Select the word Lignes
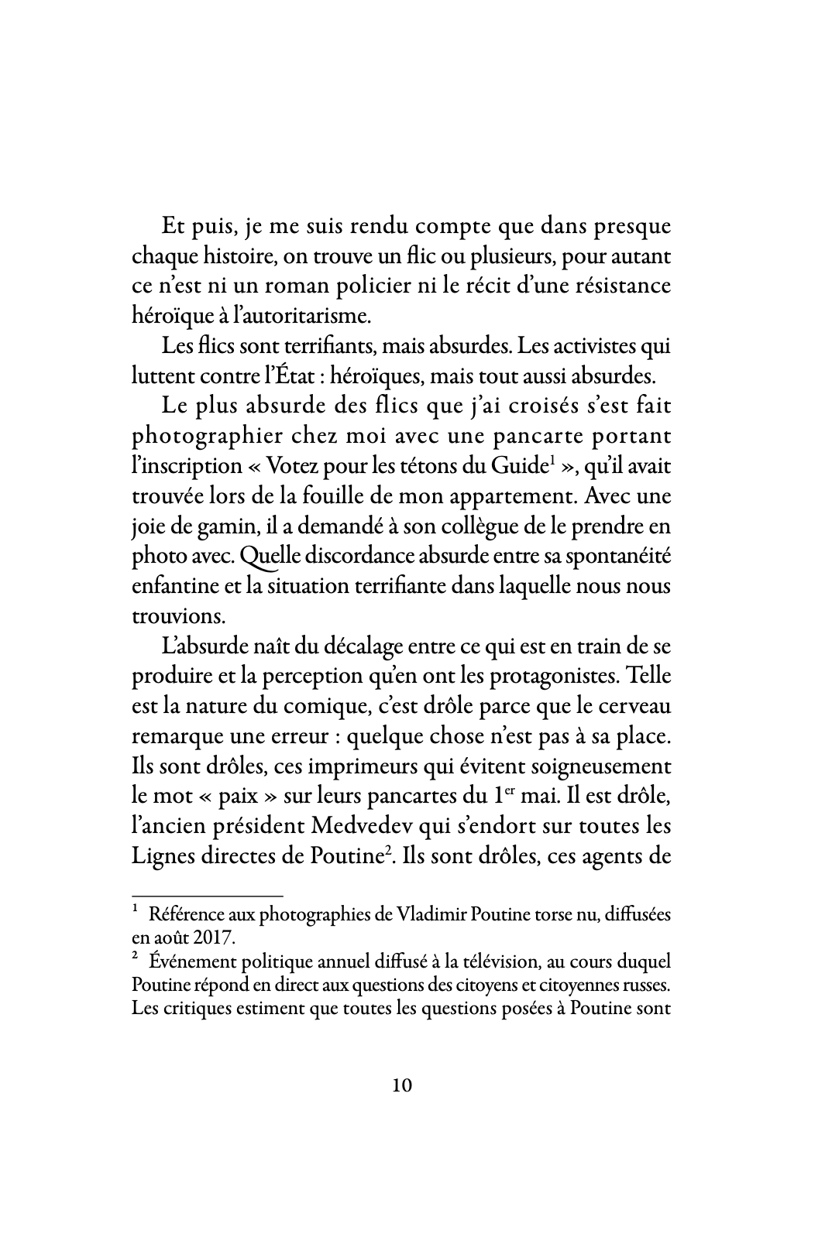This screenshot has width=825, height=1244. point(161,855)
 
